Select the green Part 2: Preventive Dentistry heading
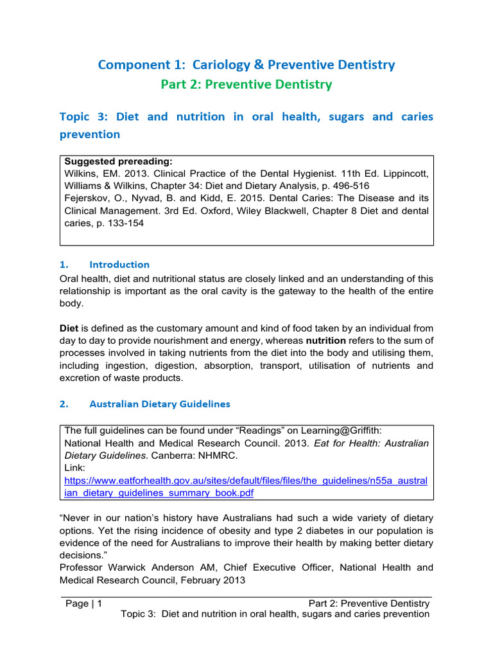pyautogui.click(x=246, y=84)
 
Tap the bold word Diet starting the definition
pyautogui.click(x=69, y=328)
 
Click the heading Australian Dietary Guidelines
pyautogui.click(x=159, y=404)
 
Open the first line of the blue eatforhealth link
pyautogui.click(x=246, y=480)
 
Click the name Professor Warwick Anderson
pyautogui.click(x=129, y=567)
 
